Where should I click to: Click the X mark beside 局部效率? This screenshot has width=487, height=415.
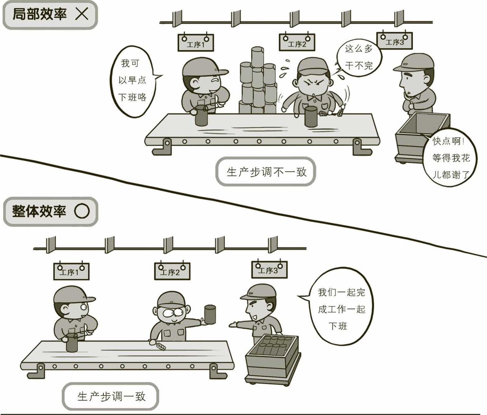coord(82,14)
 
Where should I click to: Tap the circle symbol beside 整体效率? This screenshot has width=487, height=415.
coord(82,211)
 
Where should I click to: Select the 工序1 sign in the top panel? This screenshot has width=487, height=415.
coord(196,43)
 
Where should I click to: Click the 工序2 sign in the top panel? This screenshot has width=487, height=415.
coord(297,42)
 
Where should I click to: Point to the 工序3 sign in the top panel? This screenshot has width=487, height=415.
coord(394,41)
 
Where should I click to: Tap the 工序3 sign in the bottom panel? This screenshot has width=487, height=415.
coord(269,269)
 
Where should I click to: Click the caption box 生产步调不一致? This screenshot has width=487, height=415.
coord(266,172)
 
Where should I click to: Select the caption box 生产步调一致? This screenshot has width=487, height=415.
coord(110,396)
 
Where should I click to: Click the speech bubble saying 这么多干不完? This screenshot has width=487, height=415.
coord(358,57)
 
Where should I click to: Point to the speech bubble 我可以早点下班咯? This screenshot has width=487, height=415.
coord(133,81)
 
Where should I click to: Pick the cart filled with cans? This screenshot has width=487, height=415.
coord(272,359)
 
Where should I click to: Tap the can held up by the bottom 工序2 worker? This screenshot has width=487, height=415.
coord(210,314)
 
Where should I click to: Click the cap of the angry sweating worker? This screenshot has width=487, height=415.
coord(312,66)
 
